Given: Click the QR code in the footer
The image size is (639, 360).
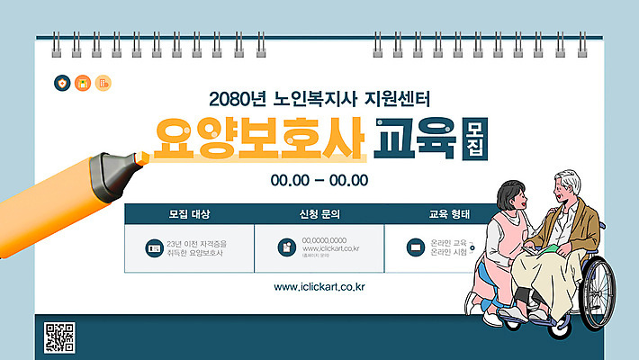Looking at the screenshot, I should coord(59,337).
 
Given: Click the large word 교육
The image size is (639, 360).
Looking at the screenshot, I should coord(416,137).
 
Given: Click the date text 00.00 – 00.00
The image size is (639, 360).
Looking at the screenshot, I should coord(319,180).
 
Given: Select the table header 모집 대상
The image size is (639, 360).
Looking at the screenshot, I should coord(189,214).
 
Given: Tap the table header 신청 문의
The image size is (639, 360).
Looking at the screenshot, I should coord(319,214).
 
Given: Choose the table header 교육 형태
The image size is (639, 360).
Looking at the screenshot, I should coord(447,214).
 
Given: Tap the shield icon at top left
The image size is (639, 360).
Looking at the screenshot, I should coord(61,84).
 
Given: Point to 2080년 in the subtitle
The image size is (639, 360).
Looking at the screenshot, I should coord(232,96).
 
